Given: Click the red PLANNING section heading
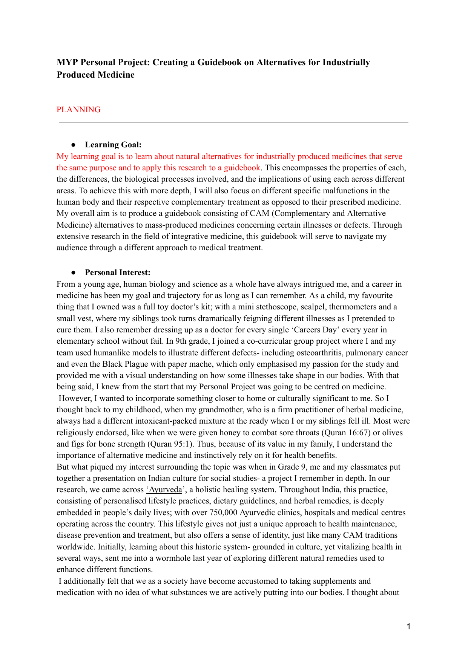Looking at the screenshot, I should pos(78,110).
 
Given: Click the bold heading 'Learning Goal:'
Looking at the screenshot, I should pos(113,145).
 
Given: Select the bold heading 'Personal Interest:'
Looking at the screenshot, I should pos(118,272).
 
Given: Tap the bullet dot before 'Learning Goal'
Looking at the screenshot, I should pos(74,145).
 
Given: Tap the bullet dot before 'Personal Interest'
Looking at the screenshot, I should pos(74,272).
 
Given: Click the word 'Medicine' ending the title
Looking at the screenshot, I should pos(116,75).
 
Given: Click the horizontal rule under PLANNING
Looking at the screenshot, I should pos(233,122).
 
